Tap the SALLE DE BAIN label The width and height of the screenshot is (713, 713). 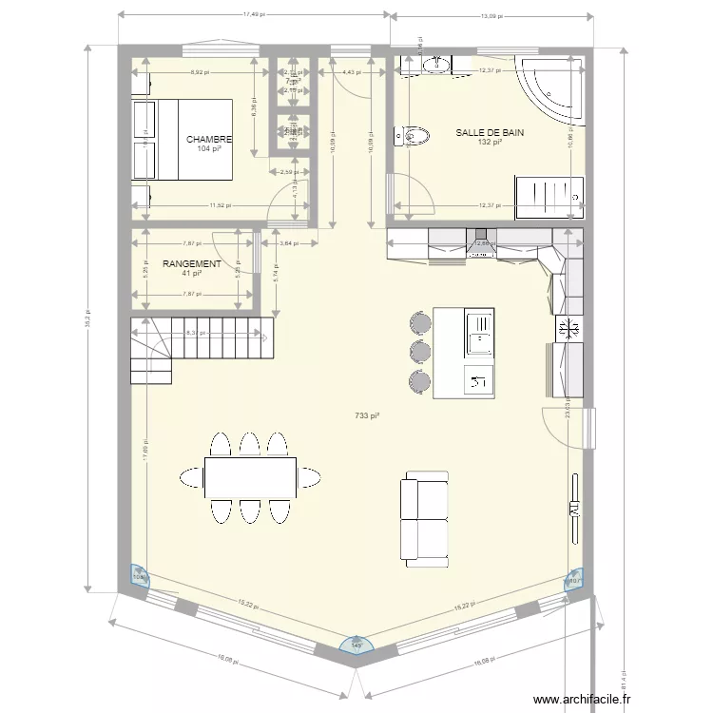click(490, 133)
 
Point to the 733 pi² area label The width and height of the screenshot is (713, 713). click(367, 415)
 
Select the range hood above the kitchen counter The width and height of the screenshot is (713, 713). click(482, 245)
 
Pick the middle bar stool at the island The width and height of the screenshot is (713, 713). click(418, 350)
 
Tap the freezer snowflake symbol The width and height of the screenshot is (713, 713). click(571, 329)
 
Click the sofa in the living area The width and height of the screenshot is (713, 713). click(425, 518)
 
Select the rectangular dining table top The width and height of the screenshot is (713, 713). click(249, 477)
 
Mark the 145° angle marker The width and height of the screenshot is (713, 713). click(357, 646)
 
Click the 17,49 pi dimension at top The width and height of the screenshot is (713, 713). click(254, 15)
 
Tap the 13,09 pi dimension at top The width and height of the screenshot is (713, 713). click(491, 15)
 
